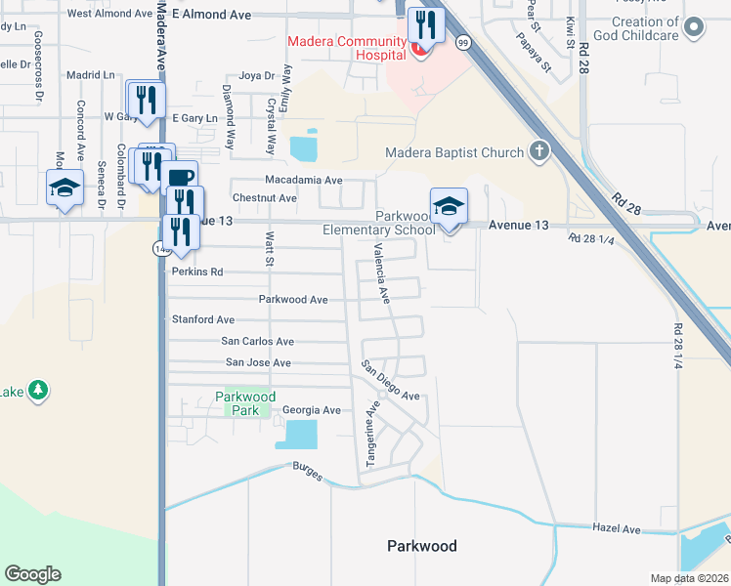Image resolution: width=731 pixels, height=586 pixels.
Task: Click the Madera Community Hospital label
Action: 347,48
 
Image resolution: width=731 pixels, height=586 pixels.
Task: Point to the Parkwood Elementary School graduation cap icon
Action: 449,206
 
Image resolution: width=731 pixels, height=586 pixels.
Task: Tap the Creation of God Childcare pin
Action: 695,27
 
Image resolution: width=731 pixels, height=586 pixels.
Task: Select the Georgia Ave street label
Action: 311,411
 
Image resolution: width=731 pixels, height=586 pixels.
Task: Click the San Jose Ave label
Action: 258,362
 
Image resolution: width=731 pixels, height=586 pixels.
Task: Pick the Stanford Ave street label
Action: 203,319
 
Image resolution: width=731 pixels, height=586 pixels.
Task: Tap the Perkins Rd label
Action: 197,272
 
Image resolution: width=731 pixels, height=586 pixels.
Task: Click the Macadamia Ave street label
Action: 304,180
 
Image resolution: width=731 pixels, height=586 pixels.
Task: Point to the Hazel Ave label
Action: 616,528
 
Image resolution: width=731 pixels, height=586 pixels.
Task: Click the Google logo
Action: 32,574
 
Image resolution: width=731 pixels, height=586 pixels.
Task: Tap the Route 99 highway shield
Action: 463,42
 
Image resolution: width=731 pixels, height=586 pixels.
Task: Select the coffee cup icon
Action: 181,177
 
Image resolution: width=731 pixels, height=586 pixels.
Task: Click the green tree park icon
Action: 38,391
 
